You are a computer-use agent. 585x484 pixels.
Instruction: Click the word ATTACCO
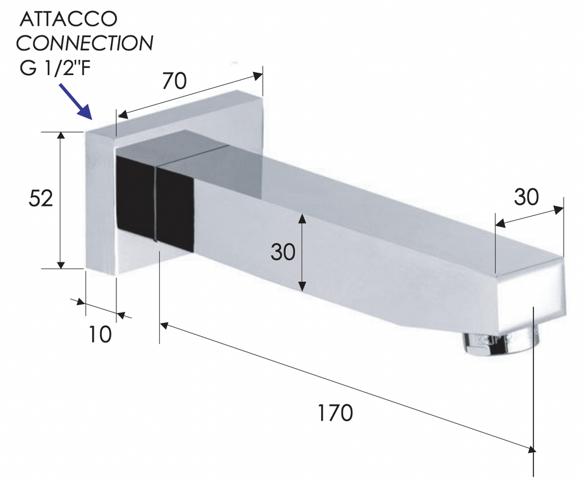click(x=68, y=20)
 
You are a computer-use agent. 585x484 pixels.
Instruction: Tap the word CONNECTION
click(x=84, y=43)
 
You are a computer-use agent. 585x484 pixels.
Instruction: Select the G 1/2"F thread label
click(x=55, y=68)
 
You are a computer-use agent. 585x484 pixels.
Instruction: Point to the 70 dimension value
click(x=175, y=81)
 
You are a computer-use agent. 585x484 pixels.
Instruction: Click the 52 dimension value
click(x=41, y=199)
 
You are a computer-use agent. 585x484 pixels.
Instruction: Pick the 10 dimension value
click(x=100, y=334)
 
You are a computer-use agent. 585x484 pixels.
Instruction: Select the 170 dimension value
click(x=335, y=413)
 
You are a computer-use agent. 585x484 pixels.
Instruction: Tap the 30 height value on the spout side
click(x=283, y=252)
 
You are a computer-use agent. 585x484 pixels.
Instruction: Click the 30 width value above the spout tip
click(x=526, y=197)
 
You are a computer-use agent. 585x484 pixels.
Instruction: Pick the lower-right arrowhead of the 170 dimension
click(x=530, y=449)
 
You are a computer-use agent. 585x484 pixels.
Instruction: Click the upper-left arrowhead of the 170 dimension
click(x=165, y=325)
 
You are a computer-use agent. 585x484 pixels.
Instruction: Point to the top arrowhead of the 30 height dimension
click(x=303, y=219)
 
